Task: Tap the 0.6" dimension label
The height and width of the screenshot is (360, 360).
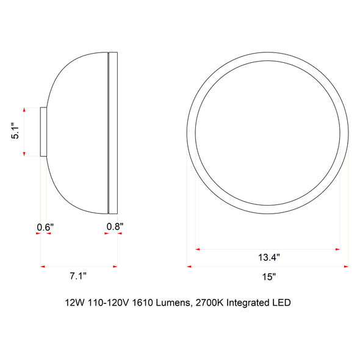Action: [x=45, y=228]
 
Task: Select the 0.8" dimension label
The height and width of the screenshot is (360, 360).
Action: [x=115, y=226]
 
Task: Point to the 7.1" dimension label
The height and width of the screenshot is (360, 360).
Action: [x=78, y=276]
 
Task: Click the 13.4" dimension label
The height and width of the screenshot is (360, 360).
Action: [x=269, y=257]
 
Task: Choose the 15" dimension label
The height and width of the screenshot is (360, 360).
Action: [x=269, y=276]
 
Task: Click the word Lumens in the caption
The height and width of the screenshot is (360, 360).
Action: [x=173, y=303]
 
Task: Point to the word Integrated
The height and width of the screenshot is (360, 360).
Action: [x=248, y=303]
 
